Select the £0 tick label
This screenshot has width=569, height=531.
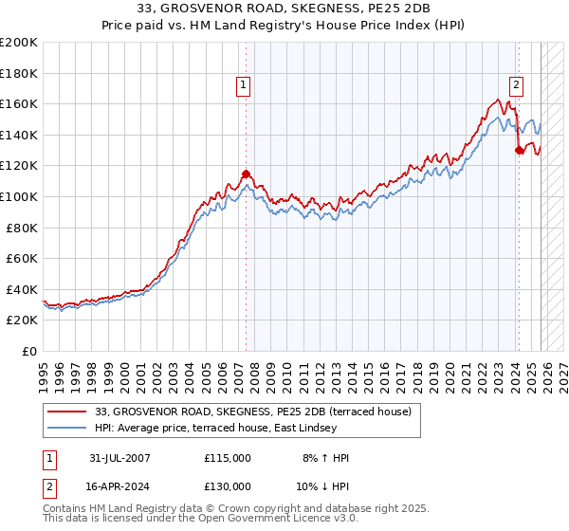pyautogui.click(x=30, y=351)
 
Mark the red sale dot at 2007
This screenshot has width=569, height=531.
pyautogui.click(x=246, y=174)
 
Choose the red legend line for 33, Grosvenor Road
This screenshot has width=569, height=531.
pyautogui.click(x=66, y=412)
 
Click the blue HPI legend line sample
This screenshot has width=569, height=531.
pyautogui.click(x=66, y=428)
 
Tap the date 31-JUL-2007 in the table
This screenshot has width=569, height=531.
pyautogui.click(x=119, y=458)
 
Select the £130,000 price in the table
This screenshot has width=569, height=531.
pyautogui.click(x=228, y=485)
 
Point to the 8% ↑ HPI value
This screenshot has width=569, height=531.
pyautogui.click(x=324, y=458)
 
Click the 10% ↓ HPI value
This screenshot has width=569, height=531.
pyautogui.click(x=324, y=485)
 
